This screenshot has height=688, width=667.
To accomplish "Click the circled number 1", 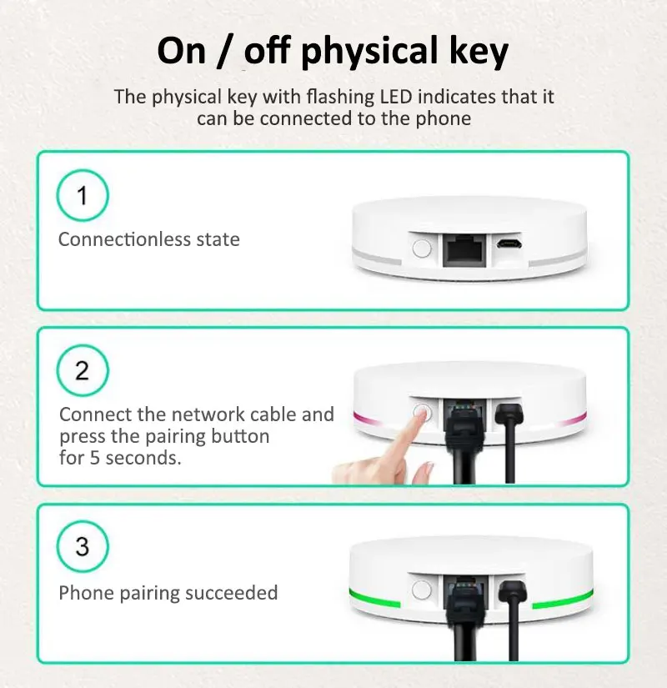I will click(x=82, y=197).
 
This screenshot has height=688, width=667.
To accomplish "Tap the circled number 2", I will click(x=82, y=370).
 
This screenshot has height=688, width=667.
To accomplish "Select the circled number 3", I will click(x=82, y=547).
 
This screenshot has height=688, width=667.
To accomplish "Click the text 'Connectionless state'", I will click(x=148, y=239).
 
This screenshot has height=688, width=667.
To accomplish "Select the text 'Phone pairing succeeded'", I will click(x=168, y=593).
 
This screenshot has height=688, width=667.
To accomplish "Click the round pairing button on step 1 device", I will click(x=422, y=248).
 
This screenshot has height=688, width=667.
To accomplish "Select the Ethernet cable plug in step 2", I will click(x=461, y=425).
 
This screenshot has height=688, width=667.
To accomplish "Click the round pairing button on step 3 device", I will click(x=422, y=591).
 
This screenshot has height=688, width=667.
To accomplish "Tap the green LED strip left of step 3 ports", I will click(x=375, y=598).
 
